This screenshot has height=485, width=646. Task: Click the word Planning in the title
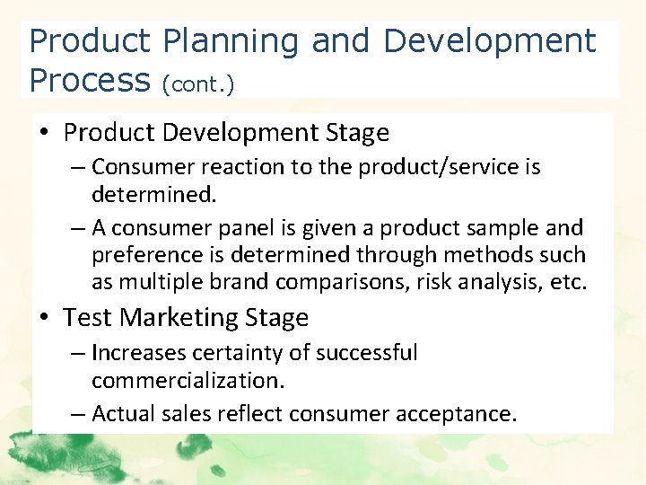pos(232,42)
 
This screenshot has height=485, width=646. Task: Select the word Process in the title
pos(89,80)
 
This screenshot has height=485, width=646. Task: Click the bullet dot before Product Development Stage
pos(45,134)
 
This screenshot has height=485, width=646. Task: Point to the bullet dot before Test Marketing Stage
pos(45,318)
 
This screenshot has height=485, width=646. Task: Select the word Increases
pos(139,353)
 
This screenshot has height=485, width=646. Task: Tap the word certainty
pos(240,353)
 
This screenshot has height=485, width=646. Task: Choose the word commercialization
pos(188,380)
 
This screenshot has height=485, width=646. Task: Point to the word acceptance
pos(468,414)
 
